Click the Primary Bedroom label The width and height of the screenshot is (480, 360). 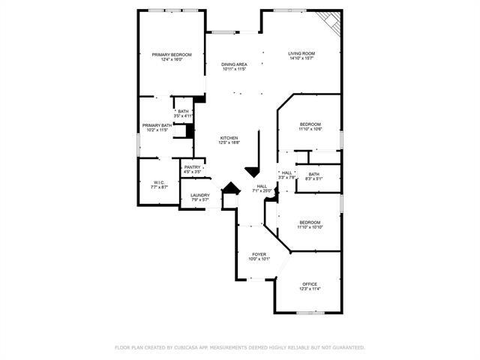[172, 55]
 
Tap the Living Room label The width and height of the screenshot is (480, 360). [301, 53]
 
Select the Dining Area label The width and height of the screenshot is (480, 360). [234, 64]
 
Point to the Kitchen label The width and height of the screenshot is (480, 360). [229, 137]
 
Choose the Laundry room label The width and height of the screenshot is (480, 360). [199, 195]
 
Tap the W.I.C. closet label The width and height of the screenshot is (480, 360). [159, 182]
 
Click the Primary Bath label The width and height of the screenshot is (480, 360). [157, 125]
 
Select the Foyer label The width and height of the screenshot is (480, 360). [259, 254]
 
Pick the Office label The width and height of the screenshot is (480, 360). [310, 283]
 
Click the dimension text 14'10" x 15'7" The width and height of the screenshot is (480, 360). [301, 59]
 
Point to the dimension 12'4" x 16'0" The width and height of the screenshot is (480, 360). [172, 60]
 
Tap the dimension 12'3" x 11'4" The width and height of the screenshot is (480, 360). [310, 289]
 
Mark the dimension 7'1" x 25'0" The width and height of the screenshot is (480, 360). [262, 191]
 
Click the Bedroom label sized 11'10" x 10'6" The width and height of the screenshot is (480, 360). [310, 124]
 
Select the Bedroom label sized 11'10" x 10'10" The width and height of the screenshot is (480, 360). [310, 222]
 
